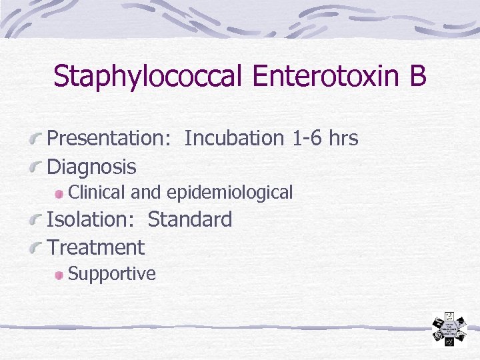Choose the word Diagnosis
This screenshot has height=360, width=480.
point(91,167)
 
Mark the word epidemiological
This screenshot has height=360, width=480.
point(229,193)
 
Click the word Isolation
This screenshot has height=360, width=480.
point(93,219)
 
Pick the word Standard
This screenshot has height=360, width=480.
point(190,219)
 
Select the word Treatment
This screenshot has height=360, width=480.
point(96,247)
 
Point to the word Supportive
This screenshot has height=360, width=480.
point(112,274)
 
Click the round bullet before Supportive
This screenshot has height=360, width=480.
point(60,275)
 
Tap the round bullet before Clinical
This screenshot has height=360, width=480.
point(60,193)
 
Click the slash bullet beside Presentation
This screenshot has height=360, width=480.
point(36,139)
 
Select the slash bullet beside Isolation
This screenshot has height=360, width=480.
point(36,221)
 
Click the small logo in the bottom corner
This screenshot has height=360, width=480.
point(450,329)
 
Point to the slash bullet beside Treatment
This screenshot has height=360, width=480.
point(36,249)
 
